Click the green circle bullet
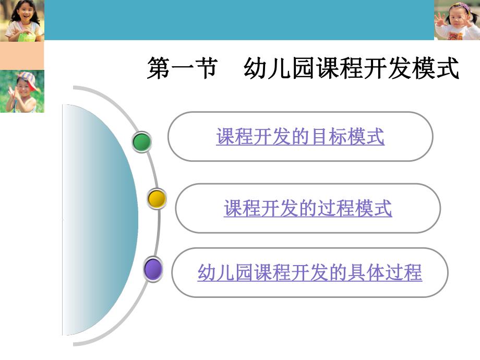141,142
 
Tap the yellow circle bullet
157,199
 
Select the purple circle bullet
153,270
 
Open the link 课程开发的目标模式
300,137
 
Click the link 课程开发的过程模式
308,208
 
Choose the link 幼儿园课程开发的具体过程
309,272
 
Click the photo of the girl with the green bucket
22,20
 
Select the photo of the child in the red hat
22,91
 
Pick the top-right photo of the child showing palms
457,20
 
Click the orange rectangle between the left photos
22,55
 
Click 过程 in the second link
341,208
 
